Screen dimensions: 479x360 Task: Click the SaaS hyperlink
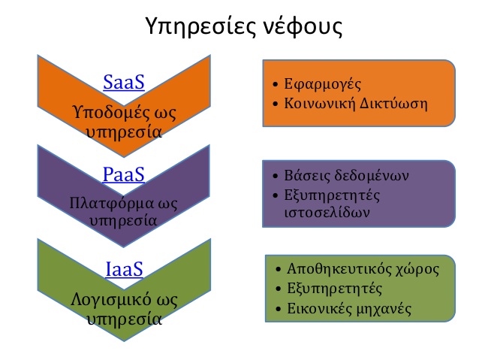[x=124, y=82]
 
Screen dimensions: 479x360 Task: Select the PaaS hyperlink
[x=123, y=174]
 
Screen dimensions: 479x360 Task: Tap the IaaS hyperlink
[x=124, y=269]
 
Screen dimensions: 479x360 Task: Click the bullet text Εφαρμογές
[x=322, y=84]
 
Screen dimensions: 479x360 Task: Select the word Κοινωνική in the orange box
[x=320, y=104]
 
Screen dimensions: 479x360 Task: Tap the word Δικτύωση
[x=393, y=104]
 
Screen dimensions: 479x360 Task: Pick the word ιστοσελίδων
[x=327, y=212]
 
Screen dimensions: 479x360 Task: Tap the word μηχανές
[x=384, y=309]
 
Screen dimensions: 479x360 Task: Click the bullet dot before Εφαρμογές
[x=276, y=84]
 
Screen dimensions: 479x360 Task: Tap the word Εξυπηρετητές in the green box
[x=334, y=289]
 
